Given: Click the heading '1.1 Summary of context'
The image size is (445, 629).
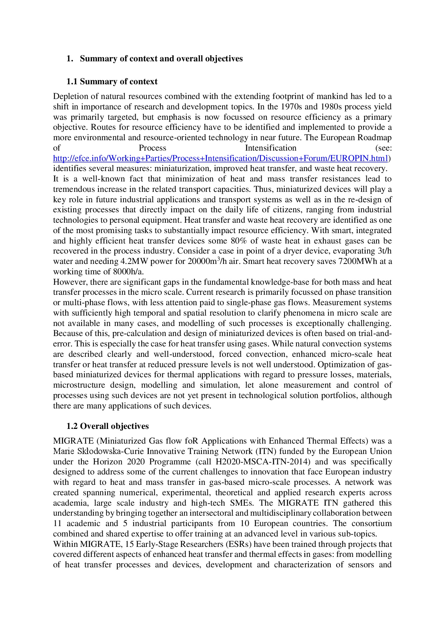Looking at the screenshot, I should point(112,82).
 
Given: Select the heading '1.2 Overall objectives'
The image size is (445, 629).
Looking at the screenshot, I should point(107,426).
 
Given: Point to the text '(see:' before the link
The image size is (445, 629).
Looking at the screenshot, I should point(383,148).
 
